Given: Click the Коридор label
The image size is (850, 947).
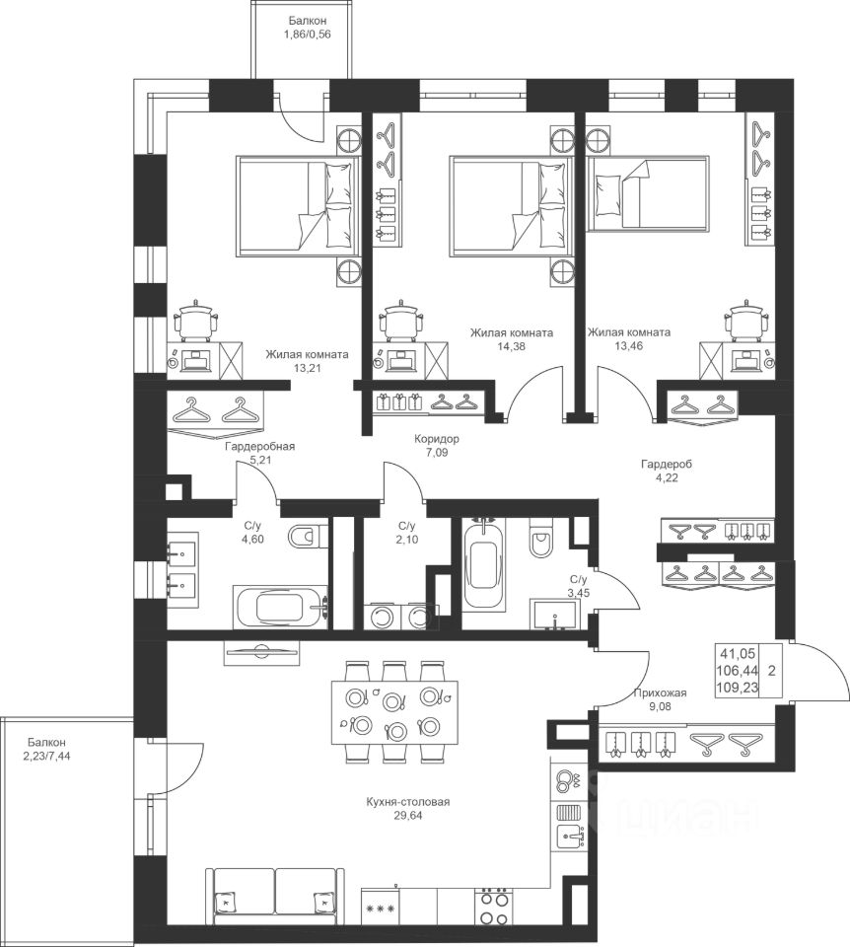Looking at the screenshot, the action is [x=436, y=439].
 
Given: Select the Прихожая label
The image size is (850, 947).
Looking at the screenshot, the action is [x=660, y=693].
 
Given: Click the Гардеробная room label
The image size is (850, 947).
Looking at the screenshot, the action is [x=259, y=447].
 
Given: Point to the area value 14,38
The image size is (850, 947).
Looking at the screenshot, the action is [x=512, y=345].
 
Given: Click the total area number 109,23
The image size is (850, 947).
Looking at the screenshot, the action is [x=738, y=688].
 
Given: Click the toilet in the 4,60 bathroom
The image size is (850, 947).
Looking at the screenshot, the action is [x=308, y=536].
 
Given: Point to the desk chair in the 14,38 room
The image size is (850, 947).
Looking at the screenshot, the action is [x=400, y=319].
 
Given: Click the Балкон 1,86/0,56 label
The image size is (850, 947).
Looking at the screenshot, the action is [x=308, y=28].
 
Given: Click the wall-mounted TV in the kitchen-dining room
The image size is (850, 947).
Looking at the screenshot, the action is [x=261, y=652].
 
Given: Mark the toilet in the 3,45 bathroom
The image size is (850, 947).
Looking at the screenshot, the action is [x=541, y=539].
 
